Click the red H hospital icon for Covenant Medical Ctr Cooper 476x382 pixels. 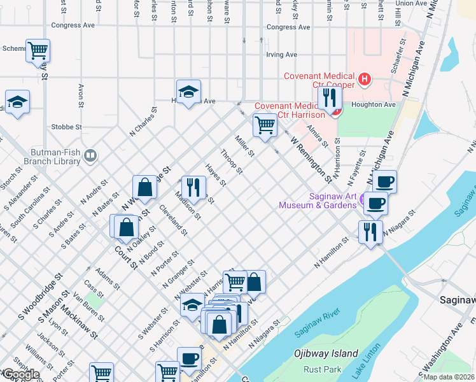pyautogui.click(x=364, y=80)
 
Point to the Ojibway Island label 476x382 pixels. pyautogui.click(x=326, y=353)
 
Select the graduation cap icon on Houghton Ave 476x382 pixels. pyautogui.click(x=188, y=92)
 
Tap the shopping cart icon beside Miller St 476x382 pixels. pyautogui.click(x=264, y=124)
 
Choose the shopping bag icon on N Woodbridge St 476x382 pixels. pyautogui.click(x=144, y=187)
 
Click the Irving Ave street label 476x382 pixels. pyautogui.click(x=282, y=55)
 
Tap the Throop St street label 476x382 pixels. pyautogui.click(x=231, y=162)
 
